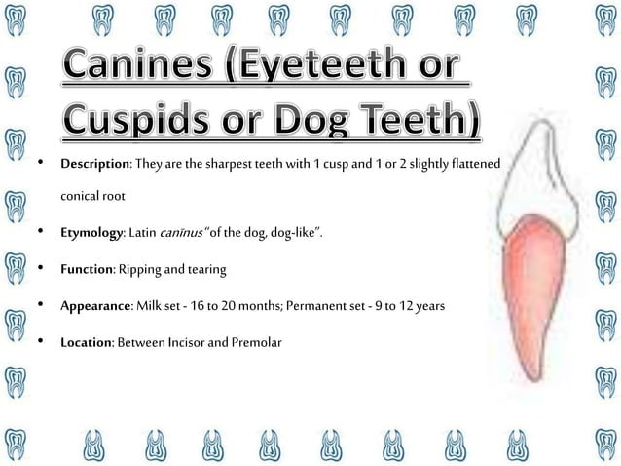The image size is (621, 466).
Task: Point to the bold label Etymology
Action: click(x=90, y=233)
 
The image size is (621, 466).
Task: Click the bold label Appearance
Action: click(x=95, y=305)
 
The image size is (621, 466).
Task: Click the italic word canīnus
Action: click(x=195, y=233)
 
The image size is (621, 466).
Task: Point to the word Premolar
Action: click(x=256, y=342)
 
